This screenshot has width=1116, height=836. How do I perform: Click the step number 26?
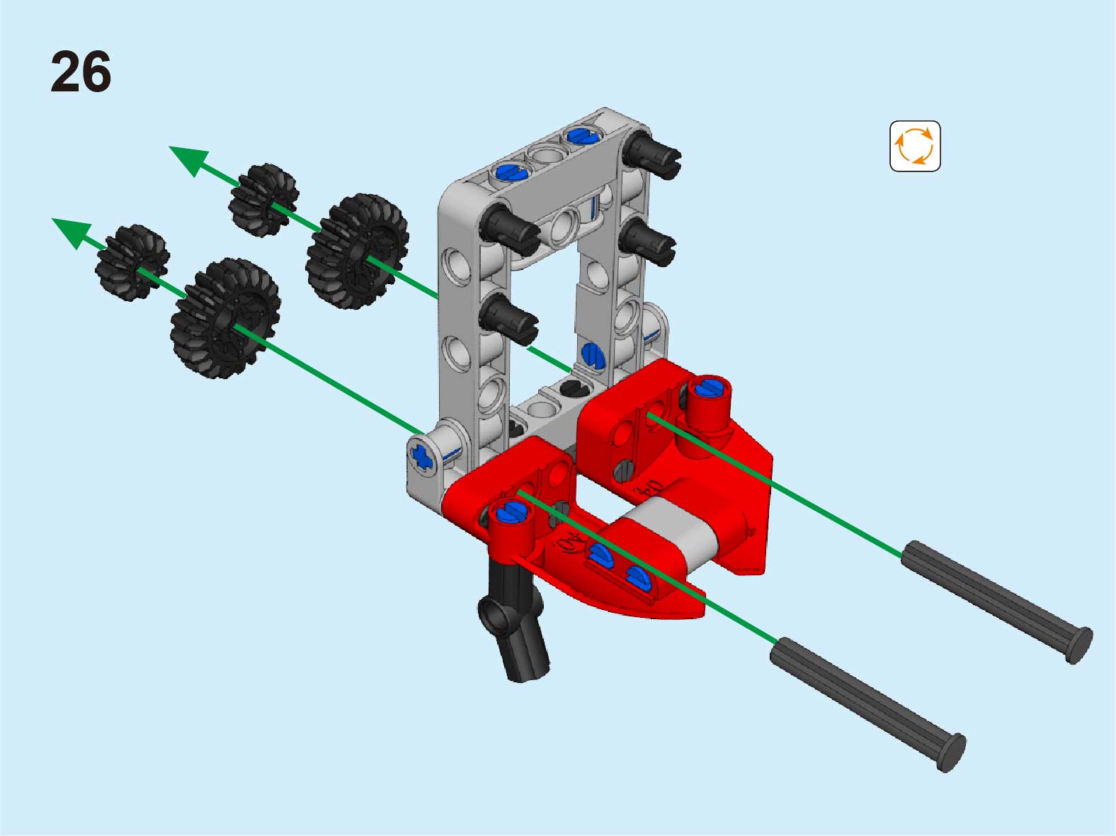tap(81, 72)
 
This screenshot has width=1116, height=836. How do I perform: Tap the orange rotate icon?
tap(915, 146)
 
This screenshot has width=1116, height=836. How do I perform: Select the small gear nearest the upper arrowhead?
tap(263, 200)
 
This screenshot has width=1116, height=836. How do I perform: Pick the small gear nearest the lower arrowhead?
tap(132, 261)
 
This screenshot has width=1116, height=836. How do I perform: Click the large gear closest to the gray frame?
tap(358, 251)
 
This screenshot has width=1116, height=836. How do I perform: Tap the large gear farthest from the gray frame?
tap(225, 318)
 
